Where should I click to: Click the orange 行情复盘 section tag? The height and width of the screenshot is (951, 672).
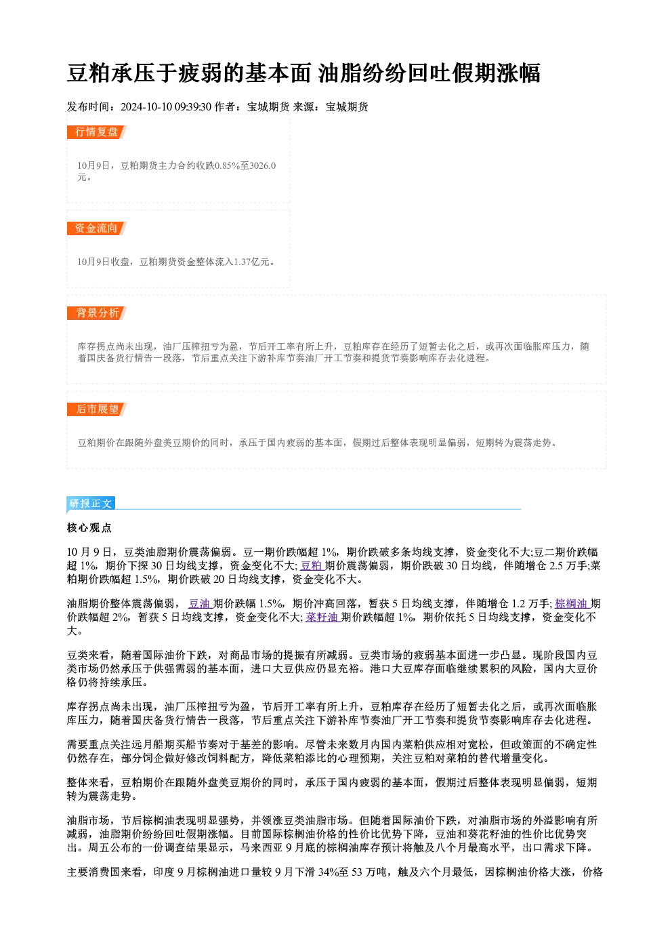coord(96,132)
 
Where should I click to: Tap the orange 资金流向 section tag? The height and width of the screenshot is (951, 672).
coord(96,228)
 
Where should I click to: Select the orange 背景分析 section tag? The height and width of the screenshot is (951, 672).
coord(96,313)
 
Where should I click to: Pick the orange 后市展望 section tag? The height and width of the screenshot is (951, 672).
coord(96,409)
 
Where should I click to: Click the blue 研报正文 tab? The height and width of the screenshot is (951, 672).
coord(91,503)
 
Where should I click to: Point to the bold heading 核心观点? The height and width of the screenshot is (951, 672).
coord(89,528)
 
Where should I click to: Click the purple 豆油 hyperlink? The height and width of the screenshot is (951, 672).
coord(200,604)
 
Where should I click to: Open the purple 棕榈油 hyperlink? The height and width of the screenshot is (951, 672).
coord(572,604)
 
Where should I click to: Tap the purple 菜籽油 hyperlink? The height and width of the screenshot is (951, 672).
coord(322,618)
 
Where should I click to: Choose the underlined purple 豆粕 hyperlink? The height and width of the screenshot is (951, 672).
coord(312,565)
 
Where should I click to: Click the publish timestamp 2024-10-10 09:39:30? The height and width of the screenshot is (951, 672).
coord(166,106)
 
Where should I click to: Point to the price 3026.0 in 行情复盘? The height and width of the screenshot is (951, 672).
coord(263,165)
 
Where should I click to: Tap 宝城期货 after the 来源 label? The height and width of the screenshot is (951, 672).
coord(347,106)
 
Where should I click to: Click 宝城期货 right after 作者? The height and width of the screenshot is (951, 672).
coord(268,106)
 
